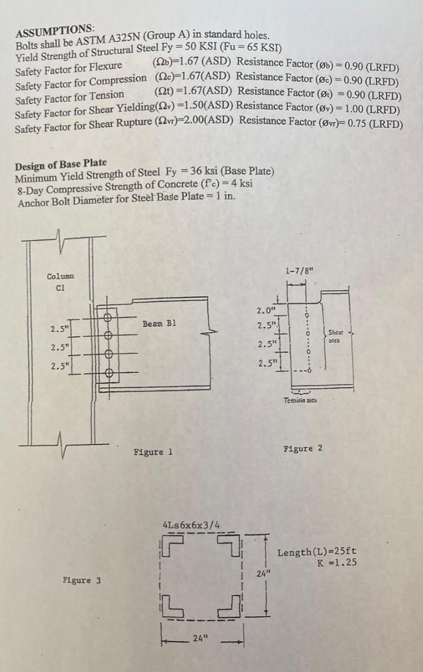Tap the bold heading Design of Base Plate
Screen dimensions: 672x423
pyautogui.click(x=61, y=166)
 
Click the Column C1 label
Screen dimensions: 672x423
pyautogui.click(x=61, y=281)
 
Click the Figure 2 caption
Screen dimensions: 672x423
pyautogui.click(x=303, y=448)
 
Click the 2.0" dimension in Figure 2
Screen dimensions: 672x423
pyautogui.click(x=265, y=310)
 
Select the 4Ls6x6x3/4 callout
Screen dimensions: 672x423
pyautogui.click(x=191, y=525)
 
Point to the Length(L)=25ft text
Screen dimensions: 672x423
pyautogui.click(x=317, y=552)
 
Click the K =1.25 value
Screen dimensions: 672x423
pyautogui.click(x=338, y=562)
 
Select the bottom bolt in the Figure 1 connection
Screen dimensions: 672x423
pyautogui.click(x=109, y=372)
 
